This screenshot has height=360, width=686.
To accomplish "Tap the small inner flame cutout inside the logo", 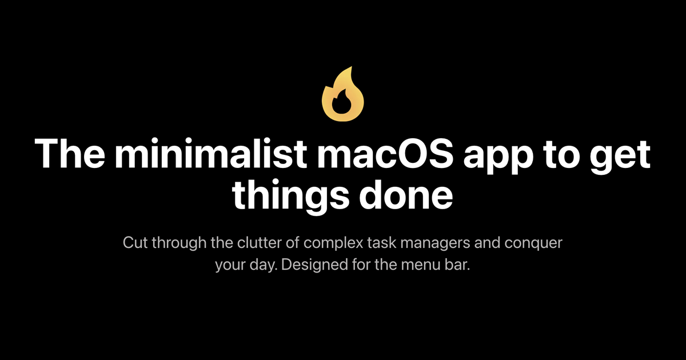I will click(342, 105).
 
